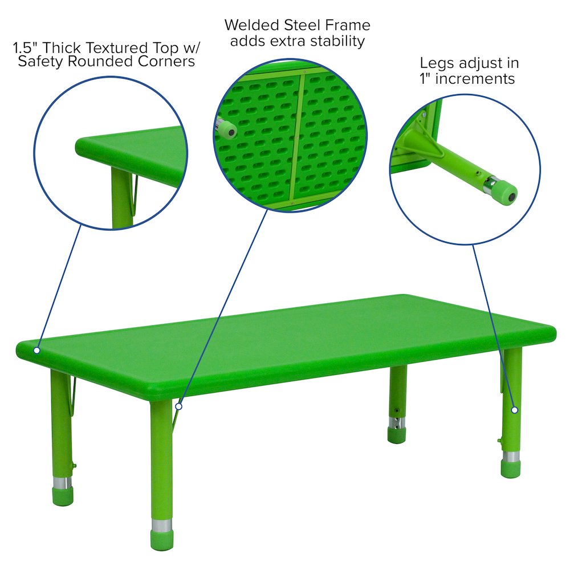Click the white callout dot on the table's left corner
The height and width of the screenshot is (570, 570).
(37, 350)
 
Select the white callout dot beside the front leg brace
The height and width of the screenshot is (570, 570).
(179, 406)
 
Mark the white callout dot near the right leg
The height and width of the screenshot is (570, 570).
(514, 410)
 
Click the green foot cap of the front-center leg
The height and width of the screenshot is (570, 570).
(162, 540)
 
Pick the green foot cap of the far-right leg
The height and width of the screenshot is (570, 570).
(511, 469)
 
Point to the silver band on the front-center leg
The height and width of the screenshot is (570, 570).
(162, 525)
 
